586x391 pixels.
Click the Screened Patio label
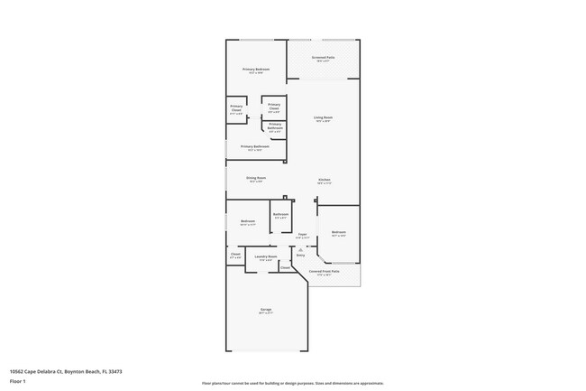pos(324,57)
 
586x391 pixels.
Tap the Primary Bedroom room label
pos(256,70)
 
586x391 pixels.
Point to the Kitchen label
pos(324,180)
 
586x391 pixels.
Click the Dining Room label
pos(256,178)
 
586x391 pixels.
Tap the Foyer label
pos(303,234)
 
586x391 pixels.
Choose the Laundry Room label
pos(265,257)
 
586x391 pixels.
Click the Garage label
pos(266,310)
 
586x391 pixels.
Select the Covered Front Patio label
pos(324,271)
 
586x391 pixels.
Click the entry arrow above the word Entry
pos(300,250)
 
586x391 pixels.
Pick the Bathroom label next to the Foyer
pos(280,214)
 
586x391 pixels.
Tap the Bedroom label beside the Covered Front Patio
pos(338,232)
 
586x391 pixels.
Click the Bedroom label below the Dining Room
pos(247,221)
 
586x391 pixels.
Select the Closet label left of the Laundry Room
pos(235,255)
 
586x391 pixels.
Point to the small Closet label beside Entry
pos(285,266)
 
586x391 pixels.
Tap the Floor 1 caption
pos(17,381)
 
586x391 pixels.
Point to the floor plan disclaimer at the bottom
pos(292,383)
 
